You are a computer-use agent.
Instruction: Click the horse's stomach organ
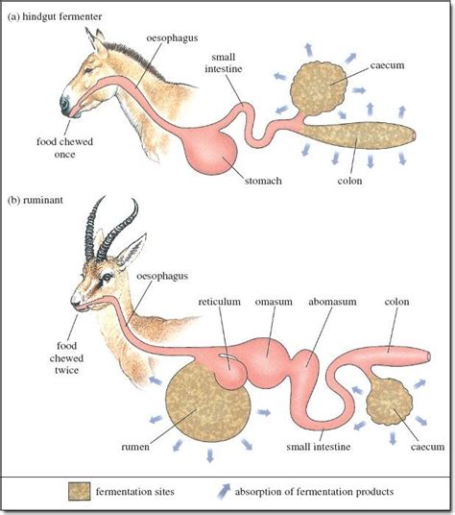pyautogui.click(x=211, y=151)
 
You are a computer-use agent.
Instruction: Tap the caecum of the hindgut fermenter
pyautogui.click(x=319, y=88)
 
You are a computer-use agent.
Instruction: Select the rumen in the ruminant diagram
pyautogui.click(x=207, y=404)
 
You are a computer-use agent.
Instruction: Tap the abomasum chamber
pyautogui.click(x=307, y=365)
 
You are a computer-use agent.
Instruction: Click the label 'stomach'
pyautogui.click(x=263, y=181)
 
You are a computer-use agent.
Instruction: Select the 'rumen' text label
pyautogui.click(x=135, y=447)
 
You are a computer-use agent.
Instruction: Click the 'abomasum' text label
pyautogui.click(x=332, y=302)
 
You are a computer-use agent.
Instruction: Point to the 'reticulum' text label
pyautogui.click(x=219, y=302)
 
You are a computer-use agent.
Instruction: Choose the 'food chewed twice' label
pyautogui.click(x=66, y=358)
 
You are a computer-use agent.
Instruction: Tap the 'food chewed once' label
pyautogui.click(x=64, y=148)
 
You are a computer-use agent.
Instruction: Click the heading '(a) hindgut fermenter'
pyautogui.click(x=55, y=16)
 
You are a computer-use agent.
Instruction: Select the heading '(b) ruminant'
pyautogui.click(x=36, y=200)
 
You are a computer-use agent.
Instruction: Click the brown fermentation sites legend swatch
pyautogui.click(x=79, y=491)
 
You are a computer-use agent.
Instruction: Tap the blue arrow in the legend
pyautogui.click(x=224, y=491)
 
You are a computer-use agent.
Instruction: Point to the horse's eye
pyautogui.click(x=88, y=70)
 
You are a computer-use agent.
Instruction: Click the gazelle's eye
pyautogui.click(x=108, y=277)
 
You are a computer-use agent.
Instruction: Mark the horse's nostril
pyautogui.click(x=65, y=104)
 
